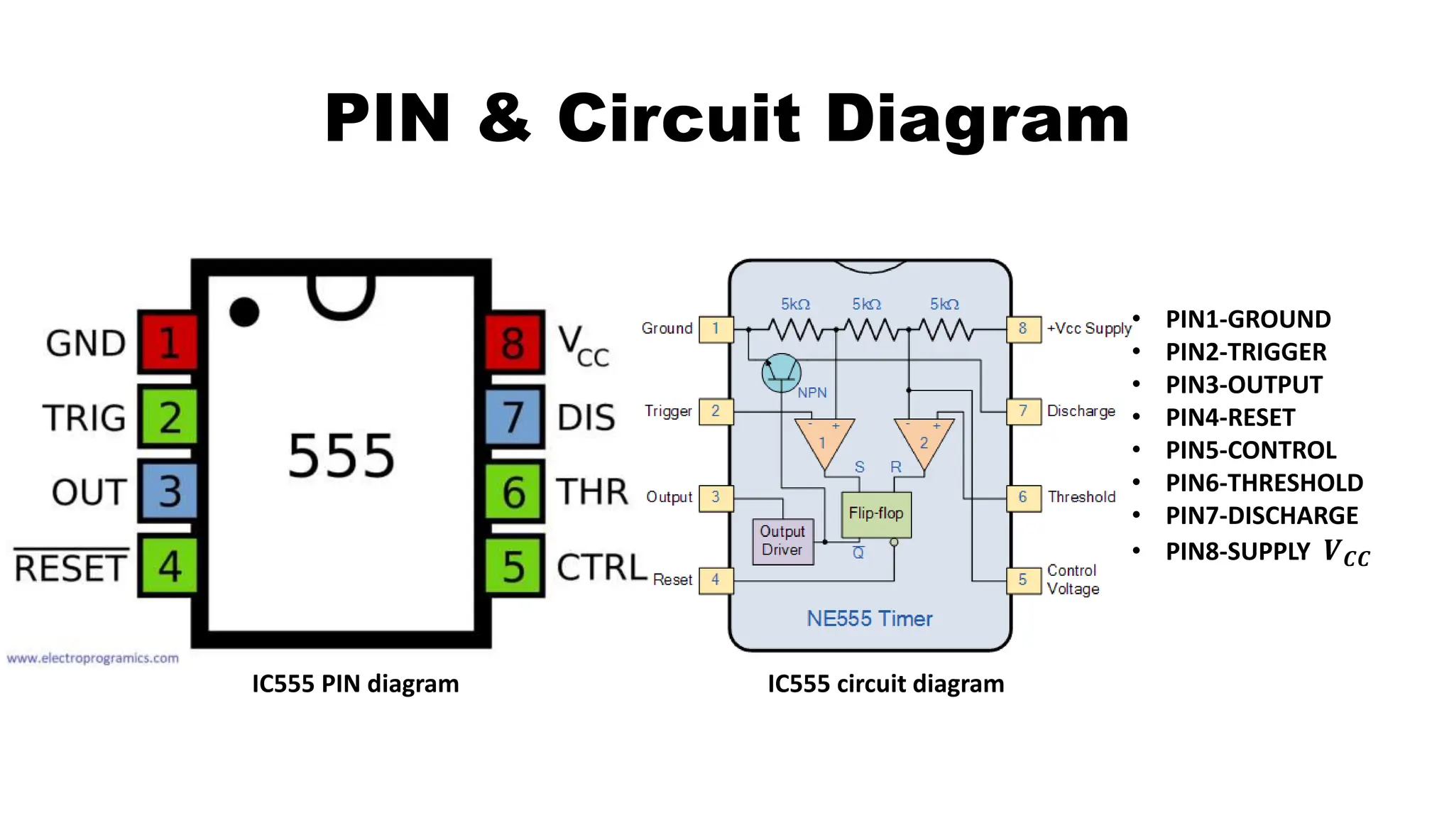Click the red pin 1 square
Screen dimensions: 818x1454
168,342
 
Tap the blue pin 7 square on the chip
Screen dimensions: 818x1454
513,417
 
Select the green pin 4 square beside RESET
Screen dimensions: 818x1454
168,566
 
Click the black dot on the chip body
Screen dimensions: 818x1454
244,312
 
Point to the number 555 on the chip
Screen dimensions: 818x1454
341,456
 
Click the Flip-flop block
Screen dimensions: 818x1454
875,514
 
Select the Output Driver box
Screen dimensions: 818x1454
782,541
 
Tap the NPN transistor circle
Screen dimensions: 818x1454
781,372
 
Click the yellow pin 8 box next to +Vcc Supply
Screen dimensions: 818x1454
1023,329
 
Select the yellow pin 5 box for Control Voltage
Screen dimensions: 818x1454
1023,579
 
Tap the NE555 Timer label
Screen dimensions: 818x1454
869,618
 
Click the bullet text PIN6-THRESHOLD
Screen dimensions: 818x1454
1264,483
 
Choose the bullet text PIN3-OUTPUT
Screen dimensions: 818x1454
1244,385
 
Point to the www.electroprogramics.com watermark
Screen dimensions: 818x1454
93,658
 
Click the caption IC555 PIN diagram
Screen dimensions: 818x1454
355,684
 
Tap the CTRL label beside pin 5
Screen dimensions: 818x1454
601,567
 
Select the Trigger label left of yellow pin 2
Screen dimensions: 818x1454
667,411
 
